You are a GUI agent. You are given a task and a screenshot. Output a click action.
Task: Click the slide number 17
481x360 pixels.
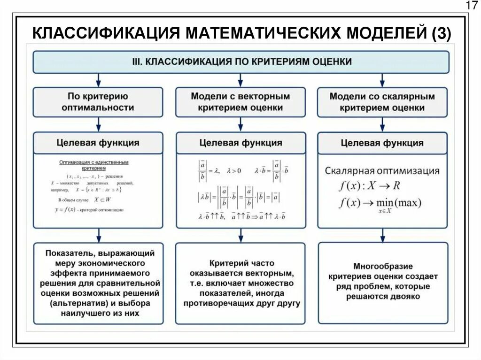[471, 6]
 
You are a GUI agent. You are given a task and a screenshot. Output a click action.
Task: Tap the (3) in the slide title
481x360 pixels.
[440, 34]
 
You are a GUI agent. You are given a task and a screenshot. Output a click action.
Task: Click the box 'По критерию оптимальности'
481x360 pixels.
[98, 102]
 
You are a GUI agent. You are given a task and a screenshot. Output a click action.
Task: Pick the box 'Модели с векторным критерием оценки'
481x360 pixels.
[240, 102]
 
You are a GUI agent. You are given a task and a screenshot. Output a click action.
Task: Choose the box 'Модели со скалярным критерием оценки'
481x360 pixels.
[382, 102]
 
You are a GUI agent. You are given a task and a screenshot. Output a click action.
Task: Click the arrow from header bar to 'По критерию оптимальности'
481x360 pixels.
[98, 80]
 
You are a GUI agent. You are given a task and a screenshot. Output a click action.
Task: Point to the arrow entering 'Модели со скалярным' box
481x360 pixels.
[382, 80]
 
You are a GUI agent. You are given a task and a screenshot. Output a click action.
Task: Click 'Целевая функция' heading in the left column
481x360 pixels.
[98, 143]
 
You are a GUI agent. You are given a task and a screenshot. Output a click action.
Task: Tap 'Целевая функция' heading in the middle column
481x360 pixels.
[240, 143]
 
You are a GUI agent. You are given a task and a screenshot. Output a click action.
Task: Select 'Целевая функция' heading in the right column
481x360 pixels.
[382, 143]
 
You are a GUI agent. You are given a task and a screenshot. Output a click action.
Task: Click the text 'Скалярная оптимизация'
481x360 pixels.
[382, 171]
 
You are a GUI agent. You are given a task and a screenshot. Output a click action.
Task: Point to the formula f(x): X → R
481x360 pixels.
[369, 185]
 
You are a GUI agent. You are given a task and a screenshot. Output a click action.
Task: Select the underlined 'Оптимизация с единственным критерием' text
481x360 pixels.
[93, 165]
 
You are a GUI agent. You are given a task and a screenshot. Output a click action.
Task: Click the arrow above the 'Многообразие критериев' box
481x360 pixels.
[382, 235]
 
